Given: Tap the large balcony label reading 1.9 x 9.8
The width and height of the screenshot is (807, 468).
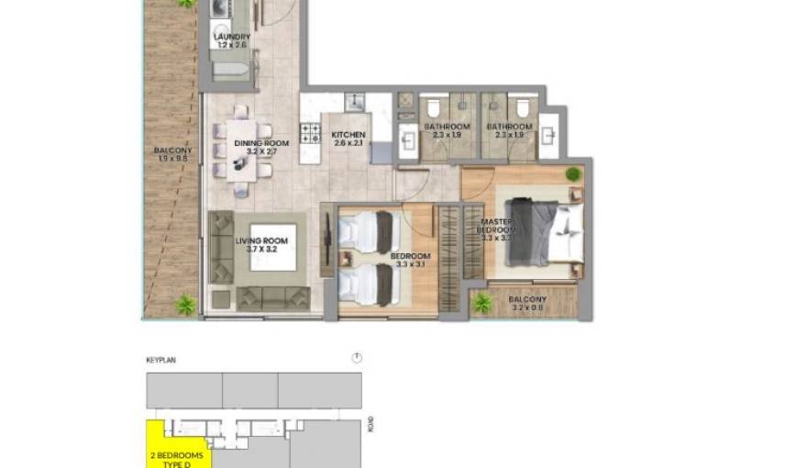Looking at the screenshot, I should (171, 153).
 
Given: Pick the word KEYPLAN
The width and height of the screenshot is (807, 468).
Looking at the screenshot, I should (160, 361).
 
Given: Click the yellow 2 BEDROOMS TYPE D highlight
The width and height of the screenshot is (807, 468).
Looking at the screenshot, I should (178, 450).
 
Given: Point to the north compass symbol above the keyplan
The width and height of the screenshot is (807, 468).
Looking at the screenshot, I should (357, 358).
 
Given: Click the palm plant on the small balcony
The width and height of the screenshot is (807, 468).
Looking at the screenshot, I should (481, 303).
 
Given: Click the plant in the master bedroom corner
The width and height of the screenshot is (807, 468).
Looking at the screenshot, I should (573, 173).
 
